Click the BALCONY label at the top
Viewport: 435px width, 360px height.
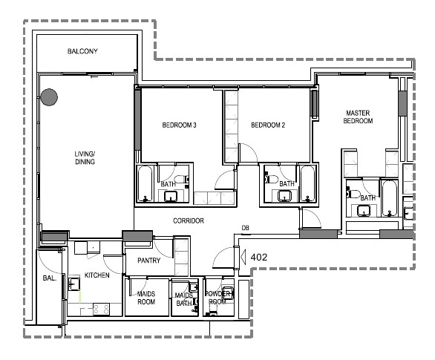click(x=82, y=51)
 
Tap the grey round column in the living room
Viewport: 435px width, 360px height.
click(x=49, y=97)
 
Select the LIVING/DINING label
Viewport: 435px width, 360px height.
click(x=85, y=157)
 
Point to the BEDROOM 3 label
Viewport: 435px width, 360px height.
click(x=179, y=125)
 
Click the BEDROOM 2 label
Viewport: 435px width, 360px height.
click(x=268, y=125)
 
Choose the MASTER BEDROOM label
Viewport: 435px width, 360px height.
click(x=358, y=117)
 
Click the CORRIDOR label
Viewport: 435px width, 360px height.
click(x=189, y=220)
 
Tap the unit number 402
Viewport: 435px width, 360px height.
click(x=259, y=257)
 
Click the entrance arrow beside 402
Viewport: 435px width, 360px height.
click(x=243, y=257)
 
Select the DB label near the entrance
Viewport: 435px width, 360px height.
click(x=245, y=228)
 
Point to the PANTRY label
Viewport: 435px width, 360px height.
click(x=149, y=261)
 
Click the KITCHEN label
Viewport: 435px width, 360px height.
click(x=97, y=275)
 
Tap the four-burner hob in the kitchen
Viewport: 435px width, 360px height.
click(x=101, y=309)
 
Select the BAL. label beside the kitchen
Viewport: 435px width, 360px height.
click(x=50, y=278)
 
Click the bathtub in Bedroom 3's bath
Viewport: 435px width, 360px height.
click(x=145, y=183)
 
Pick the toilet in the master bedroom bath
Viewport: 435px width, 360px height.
click(x=353, y=193)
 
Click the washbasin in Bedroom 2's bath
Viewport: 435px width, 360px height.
click(x=284, y=196)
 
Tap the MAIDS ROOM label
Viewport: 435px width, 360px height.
click(x=146, y=298)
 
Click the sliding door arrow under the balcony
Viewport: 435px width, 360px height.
click(x=94, y=77)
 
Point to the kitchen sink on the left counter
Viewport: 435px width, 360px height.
click(x=73, y=283)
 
